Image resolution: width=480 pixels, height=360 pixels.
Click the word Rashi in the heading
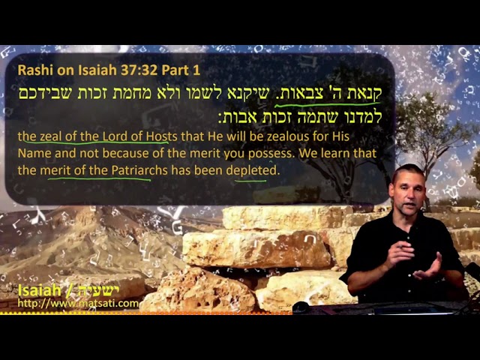(x=33, y=70)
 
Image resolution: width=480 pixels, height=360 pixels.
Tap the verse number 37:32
(x=139, y=70)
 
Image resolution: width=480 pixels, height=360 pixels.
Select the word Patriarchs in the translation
(x=139, y=170)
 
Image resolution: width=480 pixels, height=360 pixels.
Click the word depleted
(x=253, y=170)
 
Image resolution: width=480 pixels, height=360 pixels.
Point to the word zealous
(x=287, y=136)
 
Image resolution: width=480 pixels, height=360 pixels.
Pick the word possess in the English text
(x=270, y=154)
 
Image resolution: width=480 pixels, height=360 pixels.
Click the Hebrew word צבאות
(x=293, y=93)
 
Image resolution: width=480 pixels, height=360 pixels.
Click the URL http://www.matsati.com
(x=78, y=303)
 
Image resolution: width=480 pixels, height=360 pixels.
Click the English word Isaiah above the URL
(x=39, y=290)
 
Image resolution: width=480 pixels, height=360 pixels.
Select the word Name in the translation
(x=34, y=153)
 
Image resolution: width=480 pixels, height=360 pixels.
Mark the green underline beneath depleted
(x=250, y=181)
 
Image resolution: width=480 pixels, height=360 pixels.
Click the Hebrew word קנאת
(x=365, y=93)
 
